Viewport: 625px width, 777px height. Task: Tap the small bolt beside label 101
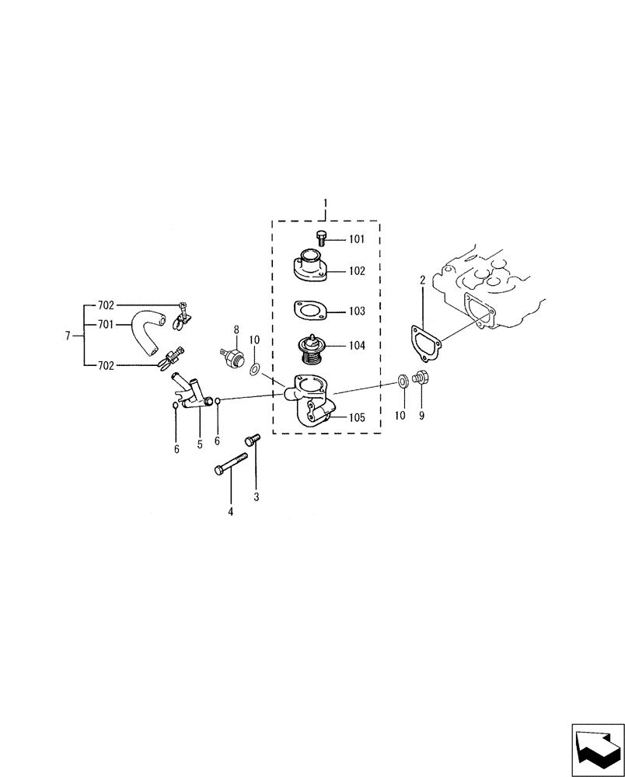(x=322, y=236)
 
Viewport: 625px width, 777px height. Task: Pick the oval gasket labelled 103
(x=308, y=311)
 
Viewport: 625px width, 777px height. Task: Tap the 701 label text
(x=106, y=325)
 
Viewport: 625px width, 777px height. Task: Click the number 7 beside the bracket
(x=68, y=336)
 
